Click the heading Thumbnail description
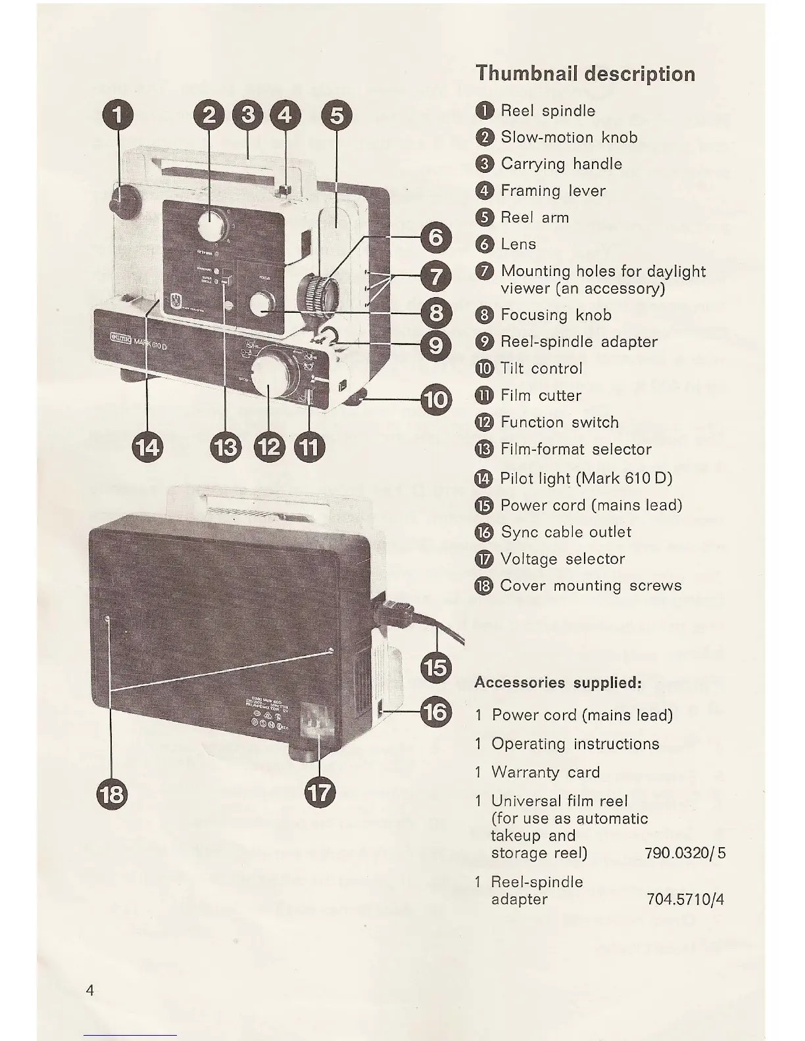[585, 73]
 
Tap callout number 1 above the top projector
[117, 116]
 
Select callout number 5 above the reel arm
[336, 116]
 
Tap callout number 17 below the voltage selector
[320, 792]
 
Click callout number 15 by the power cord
[436, 668]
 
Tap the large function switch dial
[272, 378]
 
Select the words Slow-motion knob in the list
[569, 137]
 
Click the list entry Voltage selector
[562, 559]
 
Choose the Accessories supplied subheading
[558, 682]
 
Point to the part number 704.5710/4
[685, 899]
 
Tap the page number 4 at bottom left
[89, 990]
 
